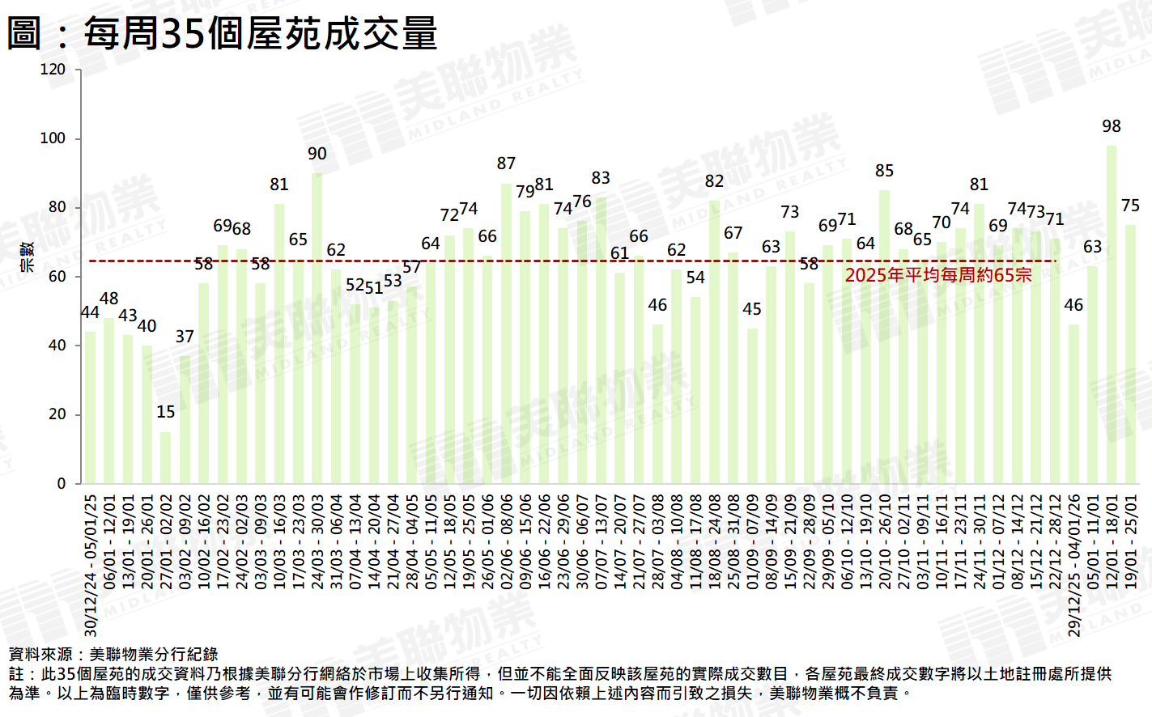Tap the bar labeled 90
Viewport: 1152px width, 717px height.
coord(317,328)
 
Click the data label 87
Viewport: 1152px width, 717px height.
coord(506,163)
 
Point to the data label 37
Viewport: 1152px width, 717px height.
coord(185,337)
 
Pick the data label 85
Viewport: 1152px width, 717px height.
coord(884,171)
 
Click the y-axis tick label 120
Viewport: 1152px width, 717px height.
coord(53,70)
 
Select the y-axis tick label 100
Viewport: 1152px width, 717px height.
coord(53,138)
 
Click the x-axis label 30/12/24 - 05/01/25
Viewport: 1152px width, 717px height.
coord(91,565)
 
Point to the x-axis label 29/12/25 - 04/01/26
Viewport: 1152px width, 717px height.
coord(1073,565)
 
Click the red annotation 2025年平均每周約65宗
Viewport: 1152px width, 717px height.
coord(938,275)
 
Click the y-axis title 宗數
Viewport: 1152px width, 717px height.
coord(27,257)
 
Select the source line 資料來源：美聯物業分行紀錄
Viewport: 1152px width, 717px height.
coord(113,654)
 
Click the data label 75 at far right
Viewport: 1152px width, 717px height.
coord(1130,206)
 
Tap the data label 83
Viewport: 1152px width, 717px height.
coord(601,178)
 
